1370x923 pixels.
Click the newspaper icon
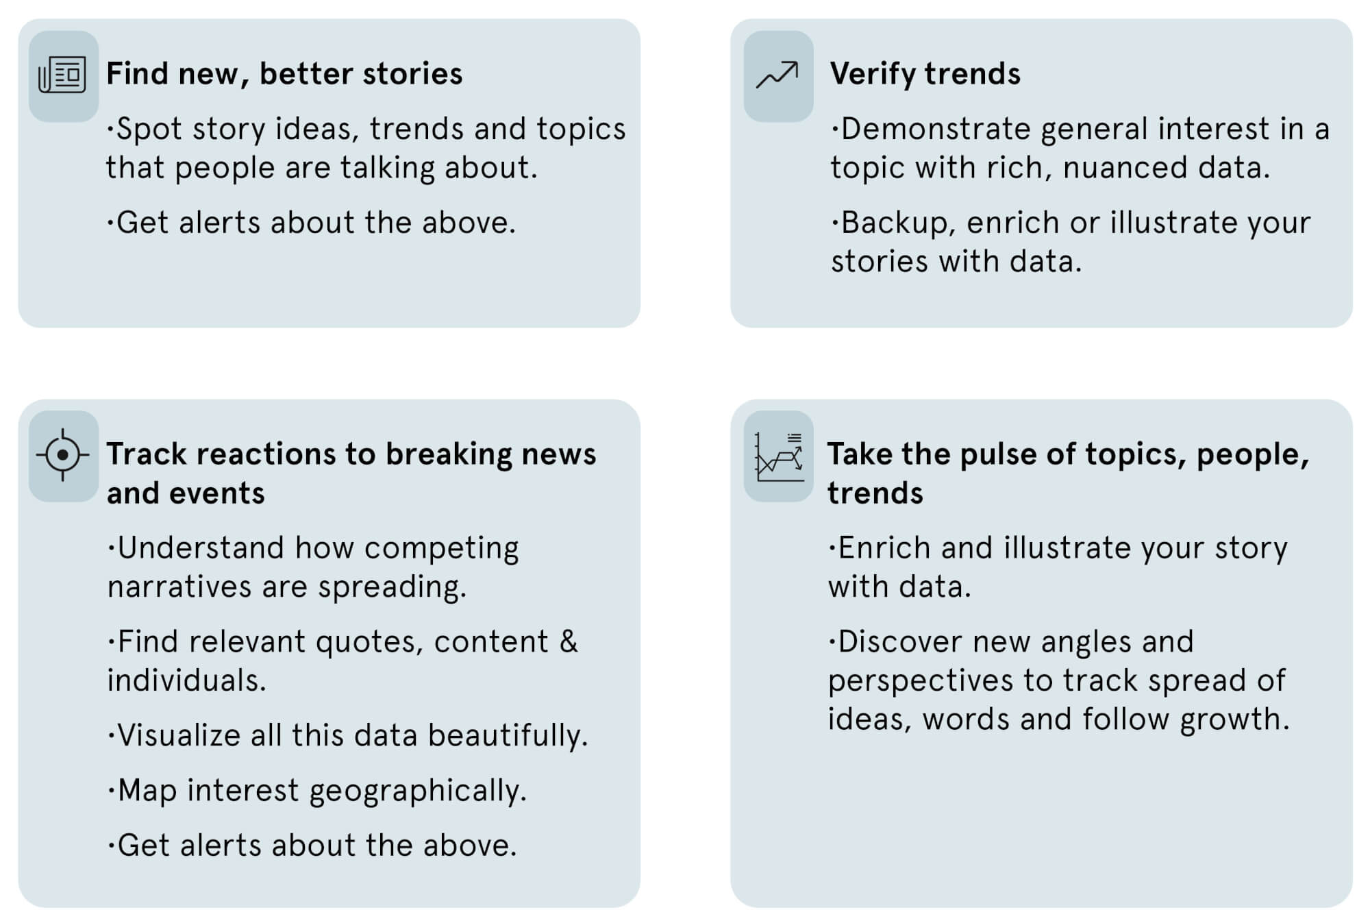tap(62, 75)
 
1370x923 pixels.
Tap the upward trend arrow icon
tap(777, 75)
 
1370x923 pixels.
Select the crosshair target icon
tap(63, 455)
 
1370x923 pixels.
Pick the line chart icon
tap(779, 456)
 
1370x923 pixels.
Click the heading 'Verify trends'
tap(925, 74)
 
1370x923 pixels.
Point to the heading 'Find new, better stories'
tap(284, 74)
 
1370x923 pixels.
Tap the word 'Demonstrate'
tap(935, 129)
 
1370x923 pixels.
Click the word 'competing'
tap(441, 549)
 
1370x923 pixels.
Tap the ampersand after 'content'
tap(569, 642)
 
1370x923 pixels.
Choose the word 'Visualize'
tap(179, 735)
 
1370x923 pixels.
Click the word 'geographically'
tap(418, 791)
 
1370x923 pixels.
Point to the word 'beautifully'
tap(508, 735)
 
